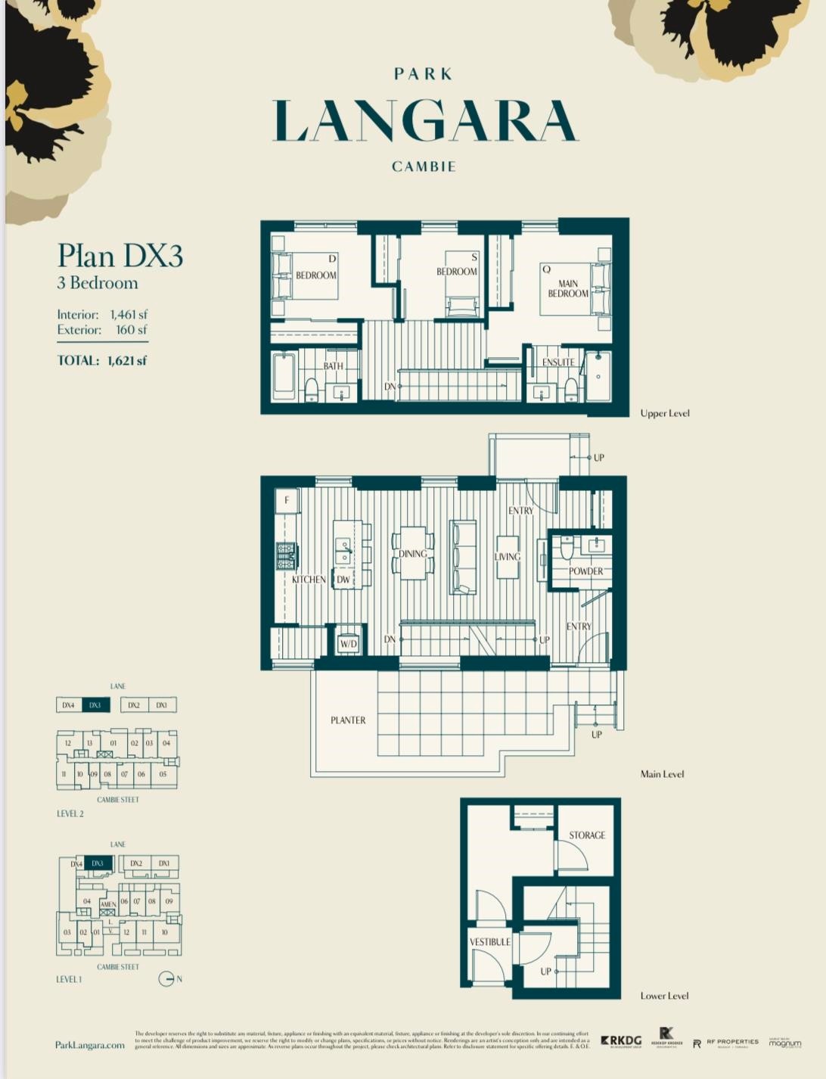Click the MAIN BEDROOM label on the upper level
coord(568,288)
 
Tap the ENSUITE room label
coord(557,362)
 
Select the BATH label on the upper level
coord(333,365)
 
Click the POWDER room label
coord(585,571)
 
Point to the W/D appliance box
coord(348,642)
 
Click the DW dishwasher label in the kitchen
coord(343,580)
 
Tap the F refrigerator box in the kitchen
coord(287,500)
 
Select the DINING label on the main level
coord(412,554)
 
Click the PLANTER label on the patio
coord(348,720)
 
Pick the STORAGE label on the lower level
coord(587,835)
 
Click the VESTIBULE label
coord(489,942)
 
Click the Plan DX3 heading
coord(120,256)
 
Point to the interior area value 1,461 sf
coord(129,314)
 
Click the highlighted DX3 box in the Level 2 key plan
coord(95,705)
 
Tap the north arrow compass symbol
coord(166,979)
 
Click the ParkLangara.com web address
coord(90,1045)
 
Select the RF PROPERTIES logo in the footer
coord(726,1043)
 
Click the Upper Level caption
coord(665,413)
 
